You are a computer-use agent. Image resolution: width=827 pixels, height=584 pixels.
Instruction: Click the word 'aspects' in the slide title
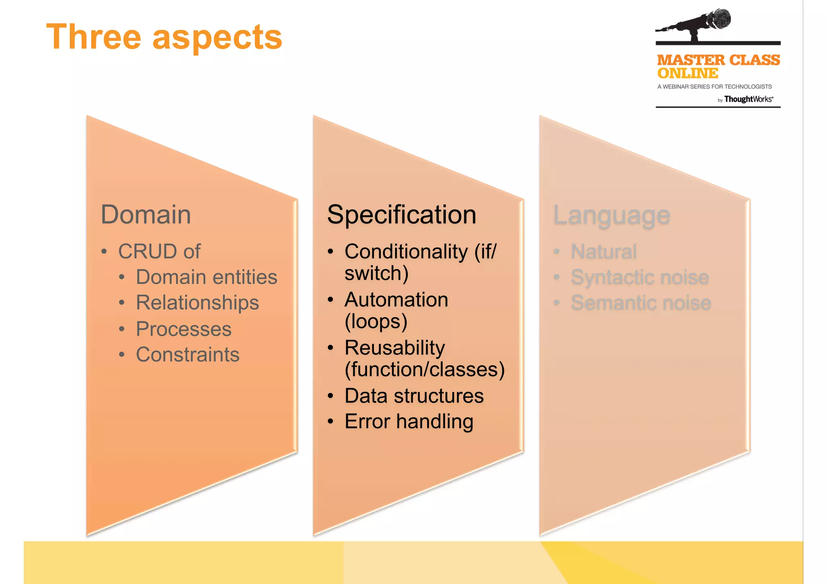[217, 38]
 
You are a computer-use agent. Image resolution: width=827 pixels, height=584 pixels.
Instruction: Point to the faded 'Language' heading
[611, 216]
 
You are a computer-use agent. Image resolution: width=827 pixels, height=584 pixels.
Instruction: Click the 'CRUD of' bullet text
[159, 251]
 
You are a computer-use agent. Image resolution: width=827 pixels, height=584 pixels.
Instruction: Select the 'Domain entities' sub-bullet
[206, 277]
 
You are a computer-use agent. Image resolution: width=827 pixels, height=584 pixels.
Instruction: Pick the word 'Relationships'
[197, 303]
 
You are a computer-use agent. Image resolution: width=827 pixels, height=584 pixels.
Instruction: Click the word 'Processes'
[183, 329]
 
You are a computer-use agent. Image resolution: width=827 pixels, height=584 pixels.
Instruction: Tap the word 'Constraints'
[187, 355]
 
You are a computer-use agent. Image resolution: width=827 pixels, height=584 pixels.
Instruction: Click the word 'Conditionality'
[406, 252]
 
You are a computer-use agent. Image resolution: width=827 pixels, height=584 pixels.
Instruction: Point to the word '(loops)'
[376, 321]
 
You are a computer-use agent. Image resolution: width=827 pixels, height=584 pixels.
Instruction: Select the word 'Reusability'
[395, 348]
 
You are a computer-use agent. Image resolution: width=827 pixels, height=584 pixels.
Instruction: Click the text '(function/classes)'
[424, 369]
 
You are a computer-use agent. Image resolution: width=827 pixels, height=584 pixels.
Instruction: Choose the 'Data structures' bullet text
[414, 396]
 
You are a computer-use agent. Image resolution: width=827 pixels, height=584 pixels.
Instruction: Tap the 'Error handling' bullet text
[409, 422]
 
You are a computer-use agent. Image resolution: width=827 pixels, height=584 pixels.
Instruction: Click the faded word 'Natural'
[603, 252]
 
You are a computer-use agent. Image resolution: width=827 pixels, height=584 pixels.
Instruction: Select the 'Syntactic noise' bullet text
[640, 278]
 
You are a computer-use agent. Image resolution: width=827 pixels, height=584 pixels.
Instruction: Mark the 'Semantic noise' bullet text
[641, 303]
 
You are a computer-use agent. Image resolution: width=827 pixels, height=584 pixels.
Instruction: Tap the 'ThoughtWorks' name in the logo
[748, 99]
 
